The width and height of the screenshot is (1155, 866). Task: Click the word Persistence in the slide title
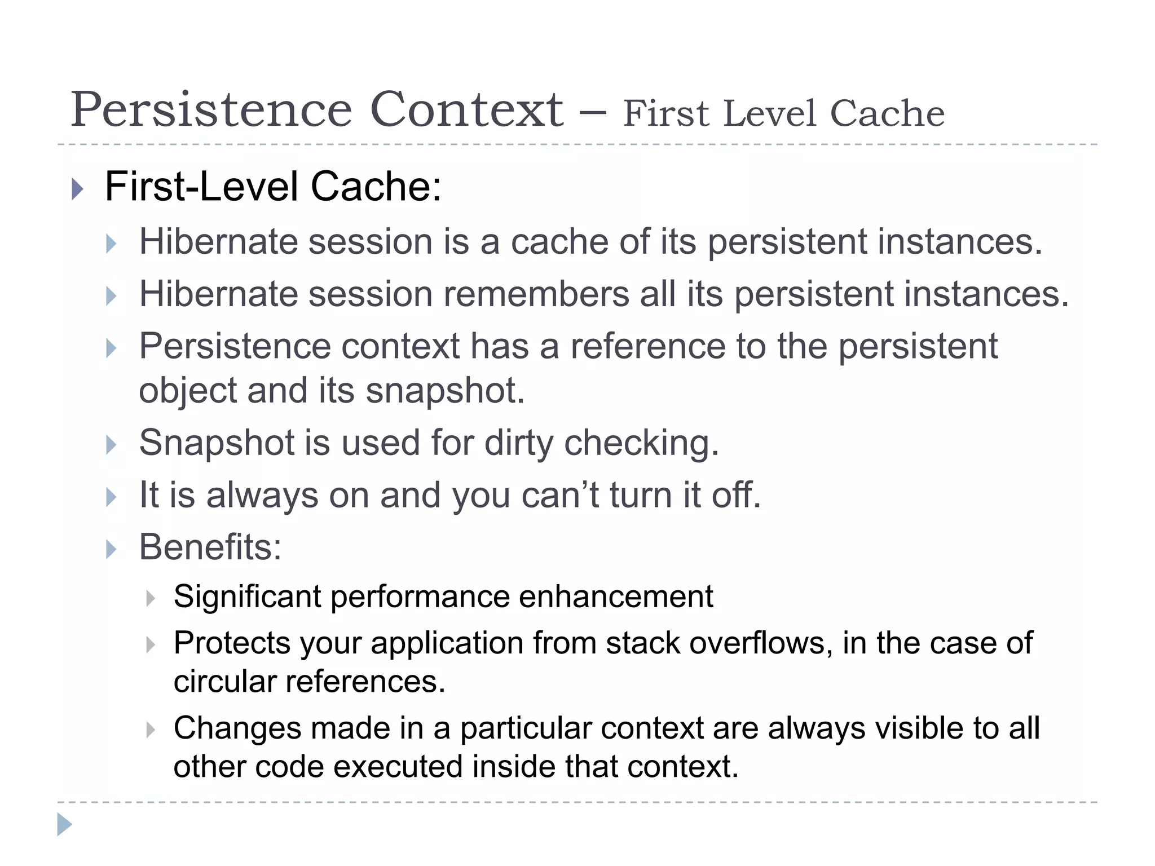coord(211,110)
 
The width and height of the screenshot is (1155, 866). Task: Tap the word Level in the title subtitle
coord(770,114)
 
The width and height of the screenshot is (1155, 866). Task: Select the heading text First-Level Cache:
coord(273,187)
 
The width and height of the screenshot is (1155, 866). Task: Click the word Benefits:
coord(210,547)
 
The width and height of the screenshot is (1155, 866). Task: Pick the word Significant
coord(247,597)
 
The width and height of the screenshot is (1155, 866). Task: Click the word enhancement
coord(616,597)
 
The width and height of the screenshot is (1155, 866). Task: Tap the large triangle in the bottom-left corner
coord(64,824)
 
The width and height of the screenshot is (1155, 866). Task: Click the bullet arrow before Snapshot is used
coord(111,445)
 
